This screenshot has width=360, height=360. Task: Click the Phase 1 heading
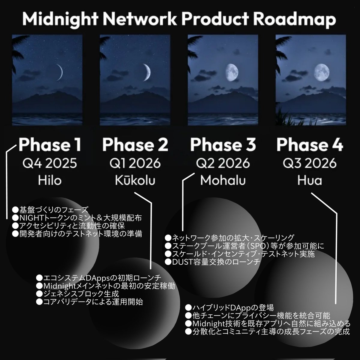tap(49, 145)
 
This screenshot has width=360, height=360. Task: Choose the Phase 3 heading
tap(223, 145)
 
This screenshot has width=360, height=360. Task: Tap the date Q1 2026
tap(135, 163)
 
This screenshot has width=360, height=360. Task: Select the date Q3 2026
tap(310, 163)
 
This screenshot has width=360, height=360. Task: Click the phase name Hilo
tap(49, 181)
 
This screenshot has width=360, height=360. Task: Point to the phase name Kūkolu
tap(135, 181)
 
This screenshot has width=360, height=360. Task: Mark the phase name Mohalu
tap(223, 181)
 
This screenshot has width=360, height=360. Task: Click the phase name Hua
tap(310, 181)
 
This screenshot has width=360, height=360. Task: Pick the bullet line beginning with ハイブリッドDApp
tap(229, 307)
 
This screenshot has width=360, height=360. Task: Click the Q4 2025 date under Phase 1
tap(49, 163)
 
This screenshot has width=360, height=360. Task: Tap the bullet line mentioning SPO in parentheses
tap(244, 246)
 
